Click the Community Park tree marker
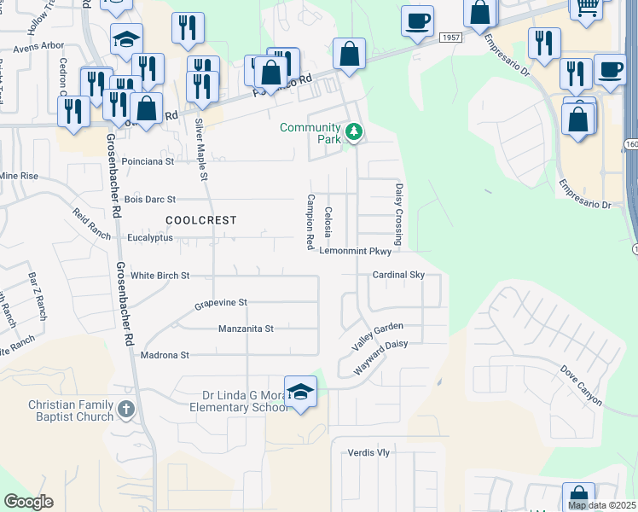(354, 132)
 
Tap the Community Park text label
(310, 134)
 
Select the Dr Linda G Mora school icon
(300, 391)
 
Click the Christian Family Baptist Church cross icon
(126, 410)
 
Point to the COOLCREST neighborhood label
(200, 220)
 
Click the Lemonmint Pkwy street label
(356, 252)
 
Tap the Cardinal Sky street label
(398, 275)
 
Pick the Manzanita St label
(246, 329)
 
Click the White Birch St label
(159, 276)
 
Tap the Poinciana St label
(148, 160)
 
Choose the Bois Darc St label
(149, 200)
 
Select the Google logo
(28, 501)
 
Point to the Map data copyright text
(602, 505)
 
